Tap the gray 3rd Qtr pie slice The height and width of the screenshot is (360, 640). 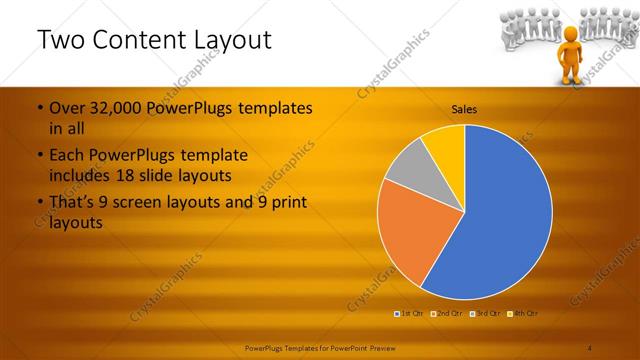(x=408, y=171)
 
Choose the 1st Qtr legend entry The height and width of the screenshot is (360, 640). (x=409, y=313)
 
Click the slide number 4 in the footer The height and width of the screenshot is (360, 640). (x=590, y=347)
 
